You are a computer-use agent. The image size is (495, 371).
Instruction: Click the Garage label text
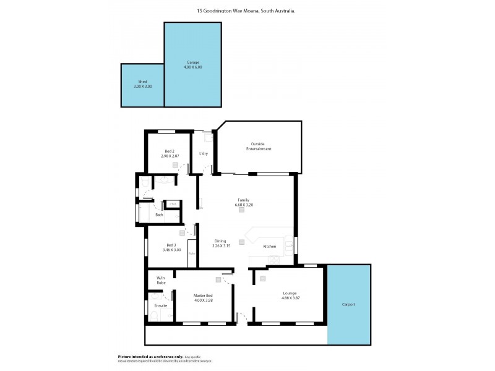tap(192, 62)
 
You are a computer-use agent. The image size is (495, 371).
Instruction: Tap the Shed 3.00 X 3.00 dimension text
tap(142, 87)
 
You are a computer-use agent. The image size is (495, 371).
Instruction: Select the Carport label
tap(348, 304)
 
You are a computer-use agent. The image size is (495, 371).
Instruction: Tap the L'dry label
tap(202, 153)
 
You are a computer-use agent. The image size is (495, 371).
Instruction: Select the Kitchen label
tap(270, 246)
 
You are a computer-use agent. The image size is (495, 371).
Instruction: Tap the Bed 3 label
tap(171, 245)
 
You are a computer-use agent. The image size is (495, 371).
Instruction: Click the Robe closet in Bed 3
tap(192, 254)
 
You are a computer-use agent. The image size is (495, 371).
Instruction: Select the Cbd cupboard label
tap(173, 204)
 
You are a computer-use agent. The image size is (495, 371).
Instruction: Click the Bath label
tap(159, 215)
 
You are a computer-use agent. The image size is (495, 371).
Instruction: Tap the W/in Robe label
tap(161, 280)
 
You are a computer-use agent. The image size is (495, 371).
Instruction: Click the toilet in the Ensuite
tap(154, 315)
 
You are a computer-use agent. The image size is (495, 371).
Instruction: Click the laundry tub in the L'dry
tap(209, 138)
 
